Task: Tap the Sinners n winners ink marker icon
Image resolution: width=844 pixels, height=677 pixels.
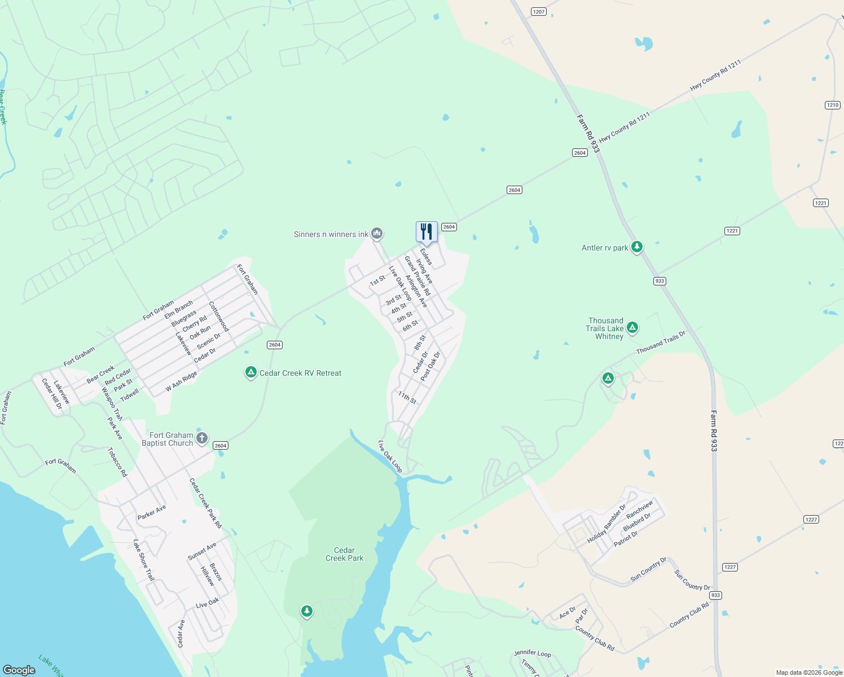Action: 377,233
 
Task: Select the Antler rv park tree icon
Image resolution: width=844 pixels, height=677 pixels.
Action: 637,247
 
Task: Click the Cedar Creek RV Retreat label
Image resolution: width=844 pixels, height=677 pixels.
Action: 300,373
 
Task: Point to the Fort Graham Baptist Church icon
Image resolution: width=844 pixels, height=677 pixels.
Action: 202,438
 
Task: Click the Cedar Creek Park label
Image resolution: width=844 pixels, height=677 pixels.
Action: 344,554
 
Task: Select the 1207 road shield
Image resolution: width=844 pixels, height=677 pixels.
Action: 539,12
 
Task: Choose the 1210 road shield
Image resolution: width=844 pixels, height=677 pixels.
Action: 832,105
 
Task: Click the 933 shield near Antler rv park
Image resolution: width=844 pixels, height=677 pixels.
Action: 660,281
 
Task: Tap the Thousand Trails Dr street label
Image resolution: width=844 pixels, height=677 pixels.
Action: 661,342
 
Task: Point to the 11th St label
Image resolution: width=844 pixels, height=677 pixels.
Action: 407,398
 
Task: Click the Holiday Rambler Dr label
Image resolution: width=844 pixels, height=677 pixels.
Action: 606,524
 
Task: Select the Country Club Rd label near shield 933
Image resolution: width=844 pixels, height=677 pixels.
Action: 689,616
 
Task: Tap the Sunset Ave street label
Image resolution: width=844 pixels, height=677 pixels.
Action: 202,551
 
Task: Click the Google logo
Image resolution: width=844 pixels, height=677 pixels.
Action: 19,670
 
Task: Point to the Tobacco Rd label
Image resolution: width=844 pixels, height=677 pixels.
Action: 118,462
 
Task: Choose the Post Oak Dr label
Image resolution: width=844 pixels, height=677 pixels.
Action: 430,366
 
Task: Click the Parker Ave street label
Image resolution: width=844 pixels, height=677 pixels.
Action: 152,512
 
